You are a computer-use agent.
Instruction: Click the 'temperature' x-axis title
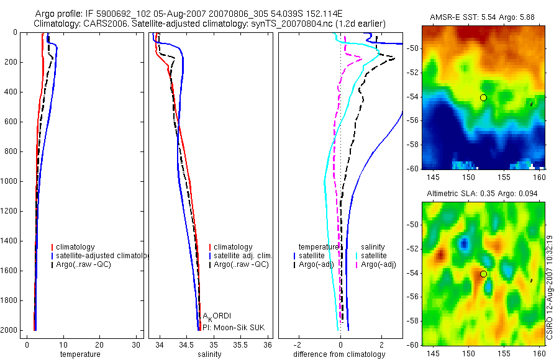point(80,354)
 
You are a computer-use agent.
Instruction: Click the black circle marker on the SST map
point(483,97)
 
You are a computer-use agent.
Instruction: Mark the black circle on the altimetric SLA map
point(483,274)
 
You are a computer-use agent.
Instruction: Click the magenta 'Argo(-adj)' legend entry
point(378,265)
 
